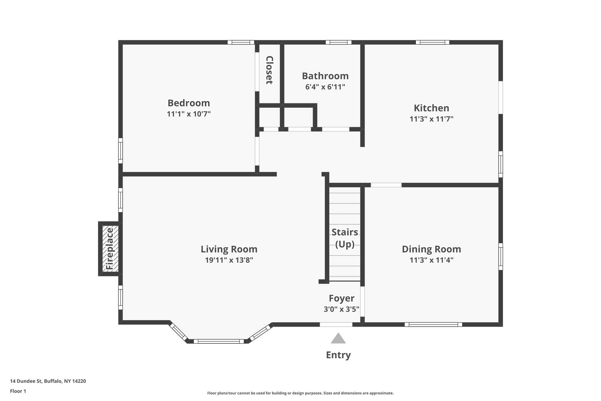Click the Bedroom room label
click(189, 103)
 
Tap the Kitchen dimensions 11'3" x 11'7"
click(431, 119)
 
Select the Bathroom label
click(325, 76)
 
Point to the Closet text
click(269, 70)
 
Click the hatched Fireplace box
click(110, 249)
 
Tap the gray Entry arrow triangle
click(338, 339)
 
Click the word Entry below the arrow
click(338, 355)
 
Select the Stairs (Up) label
click(345, 238)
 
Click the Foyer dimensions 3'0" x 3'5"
click(341, 309)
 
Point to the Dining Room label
click(431, 249)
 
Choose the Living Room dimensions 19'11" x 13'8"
click(229, 260)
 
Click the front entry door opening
click(336, 324)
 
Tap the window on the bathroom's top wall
click(338, 42)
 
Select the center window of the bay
click(219, 341)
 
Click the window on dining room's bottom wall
click(433, 324)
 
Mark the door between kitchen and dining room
click(386, 185)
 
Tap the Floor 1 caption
click(18, 391)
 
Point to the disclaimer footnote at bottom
click(300, 393)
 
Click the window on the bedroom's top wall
click(241, 42)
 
